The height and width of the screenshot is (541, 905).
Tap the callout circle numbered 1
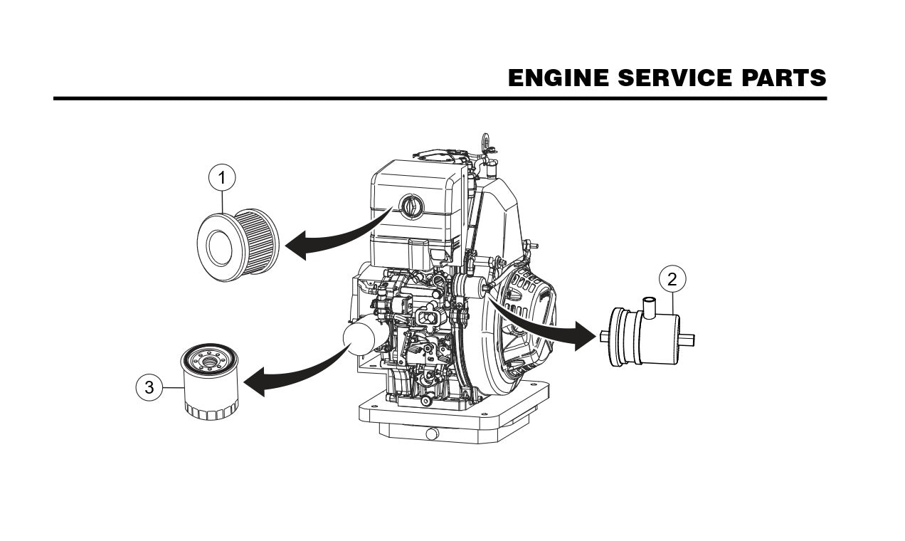[222, 176]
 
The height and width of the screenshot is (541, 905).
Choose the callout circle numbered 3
[149, 387]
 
